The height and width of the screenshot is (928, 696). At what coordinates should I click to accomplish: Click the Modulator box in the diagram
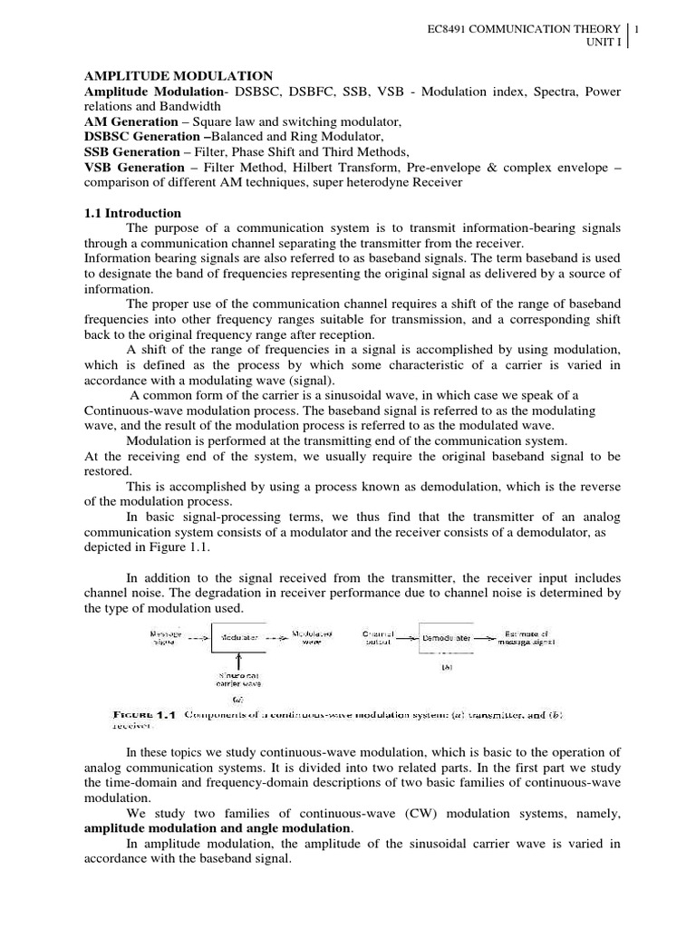pos(238,638)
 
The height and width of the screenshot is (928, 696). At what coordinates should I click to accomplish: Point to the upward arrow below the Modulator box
pos(238,661)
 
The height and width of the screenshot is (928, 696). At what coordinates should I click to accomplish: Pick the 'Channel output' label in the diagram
pos(377,638)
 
